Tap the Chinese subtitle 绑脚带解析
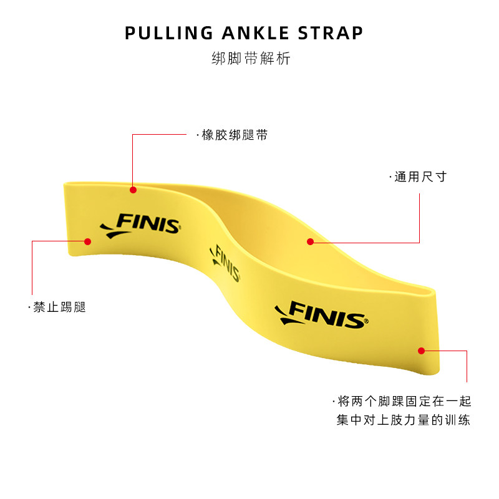251,60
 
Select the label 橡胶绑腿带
235,135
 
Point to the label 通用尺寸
420,177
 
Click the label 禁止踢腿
59,308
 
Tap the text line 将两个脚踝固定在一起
403,401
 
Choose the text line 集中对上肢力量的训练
403,420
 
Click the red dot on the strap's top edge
133,189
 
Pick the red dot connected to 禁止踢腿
87,241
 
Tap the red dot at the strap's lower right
421,351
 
